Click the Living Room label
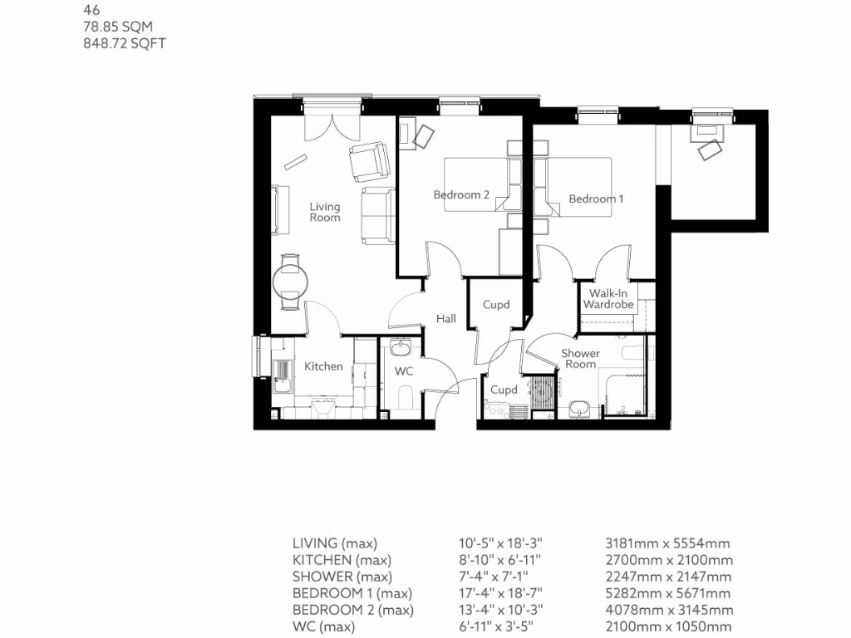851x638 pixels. [325, 212]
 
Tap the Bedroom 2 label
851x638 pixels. [461, 195]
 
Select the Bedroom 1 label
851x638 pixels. [596, 199]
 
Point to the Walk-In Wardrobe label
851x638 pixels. [608, 299]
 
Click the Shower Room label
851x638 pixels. [580, 359]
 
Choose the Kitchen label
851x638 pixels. [323, 366]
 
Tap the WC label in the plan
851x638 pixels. [404, 371]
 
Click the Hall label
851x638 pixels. [447, 319]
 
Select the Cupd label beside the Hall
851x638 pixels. [496, 305]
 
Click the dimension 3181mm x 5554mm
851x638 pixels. [667, 544]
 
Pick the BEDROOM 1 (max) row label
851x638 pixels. [352, 593]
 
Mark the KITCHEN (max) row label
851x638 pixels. [342, 561]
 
